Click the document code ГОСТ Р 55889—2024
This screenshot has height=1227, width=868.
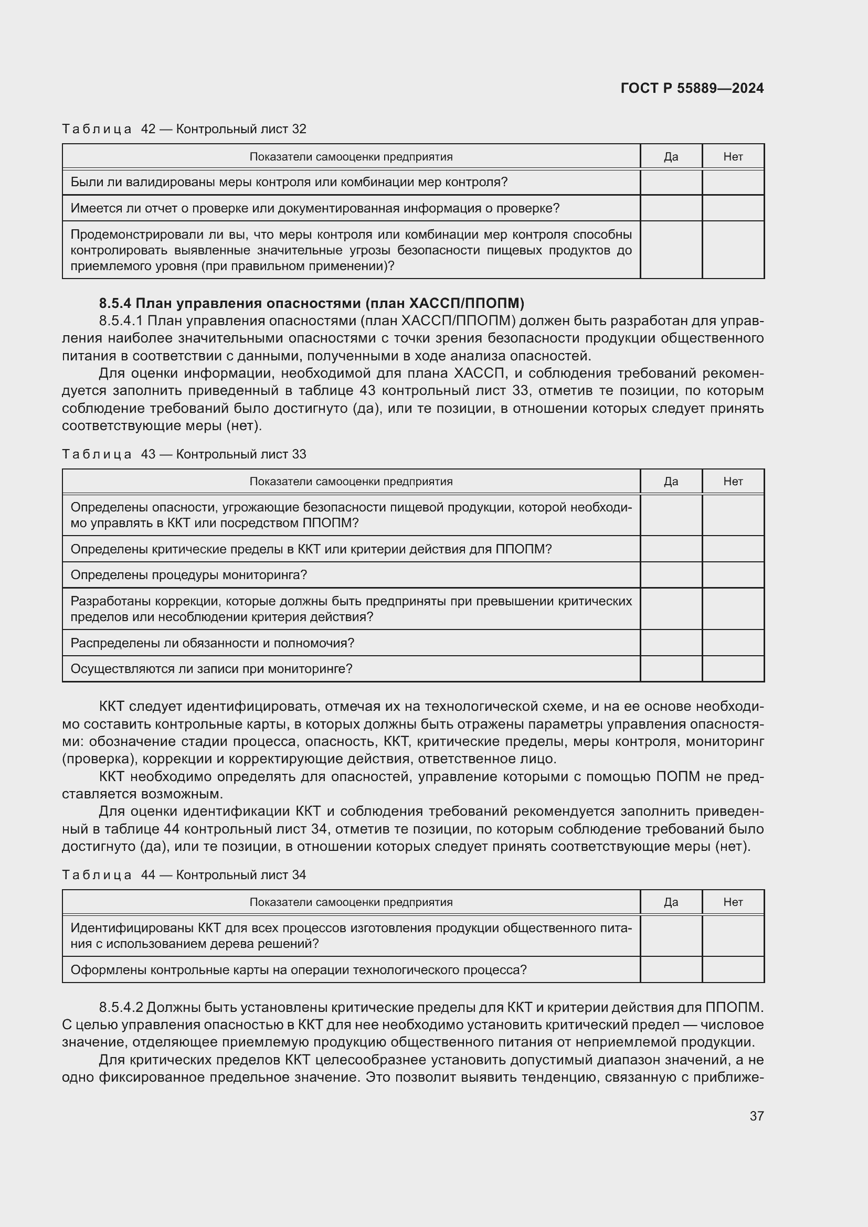pyautogui.click(x=692, y=89)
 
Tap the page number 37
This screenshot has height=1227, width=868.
pyautogui.click(x=756, y=1116)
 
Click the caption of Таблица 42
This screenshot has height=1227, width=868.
pyautogui.click(x=184, y=129)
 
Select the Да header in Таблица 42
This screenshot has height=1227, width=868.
pyautogui.click(x=671, y=156)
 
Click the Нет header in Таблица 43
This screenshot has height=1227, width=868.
pyautogui.click(x=733, y=482)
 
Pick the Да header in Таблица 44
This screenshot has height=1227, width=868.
pyautogui.click(x=671, y=902)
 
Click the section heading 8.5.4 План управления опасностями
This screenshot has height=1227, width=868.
pyautogui.click(x=312, y=304)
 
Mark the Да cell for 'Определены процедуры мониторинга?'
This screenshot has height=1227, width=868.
pyautogui.click(x=671, y=575)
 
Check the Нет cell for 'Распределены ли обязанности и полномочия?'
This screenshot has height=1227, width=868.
pyautogui.click(x=733, y=643)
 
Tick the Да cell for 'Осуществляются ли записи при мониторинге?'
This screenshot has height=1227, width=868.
pyautogui.click(x=671, y=669)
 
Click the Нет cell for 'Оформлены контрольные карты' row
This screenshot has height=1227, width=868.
pyautogui.click(x=733, y=970)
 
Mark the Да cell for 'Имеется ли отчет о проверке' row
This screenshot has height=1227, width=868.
pyautogui.click(x=671, y=208)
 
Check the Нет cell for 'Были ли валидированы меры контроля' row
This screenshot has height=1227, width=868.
pyautogui.click(x=733, y=182)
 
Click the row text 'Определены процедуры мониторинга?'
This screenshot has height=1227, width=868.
pyautogui.click(x=189, y=575)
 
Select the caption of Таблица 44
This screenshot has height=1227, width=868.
pyautogui.click(x=184, y=875)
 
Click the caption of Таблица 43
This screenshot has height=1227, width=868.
pyautogui.click(x=184, y=454)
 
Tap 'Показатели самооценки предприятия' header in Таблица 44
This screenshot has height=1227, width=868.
pyautogui.click(x=351, y=902)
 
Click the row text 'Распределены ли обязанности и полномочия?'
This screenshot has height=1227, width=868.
pyautogui.click(x=212, y=643)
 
